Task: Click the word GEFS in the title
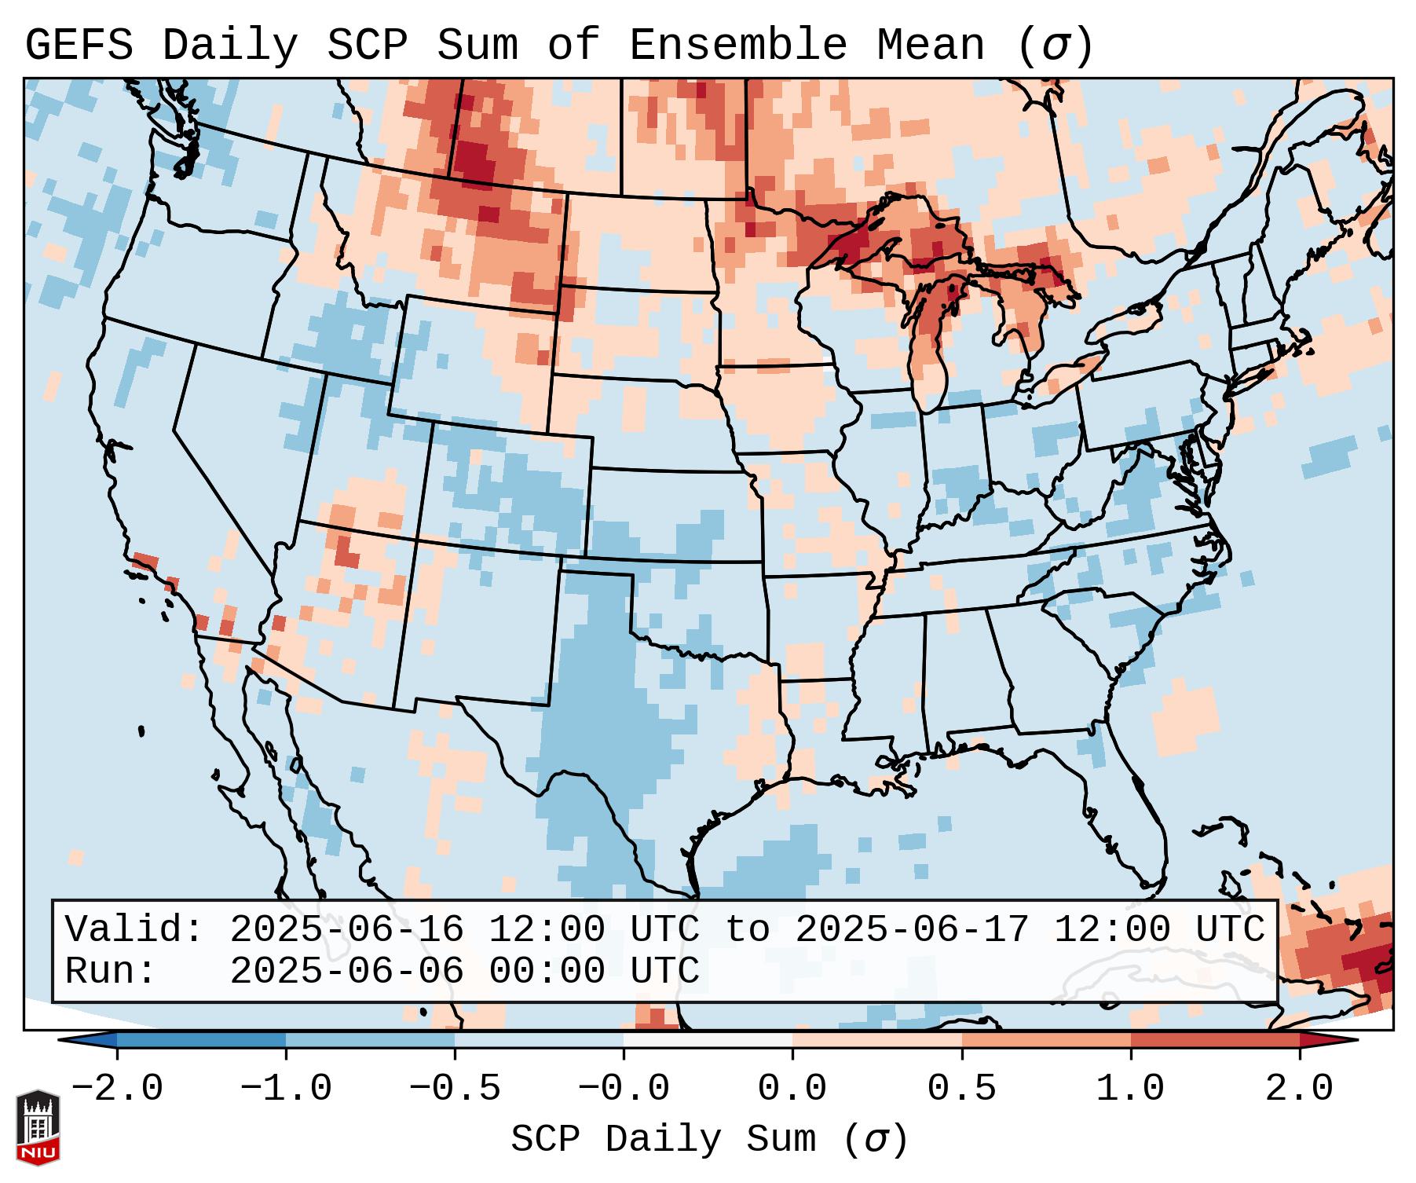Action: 79,46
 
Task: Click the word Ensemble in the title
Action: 738,46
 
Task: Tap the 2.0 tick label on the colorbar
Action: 1299,1089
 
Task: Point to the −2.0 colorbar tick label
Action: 117,1089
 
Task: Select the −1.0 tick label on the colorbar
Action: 286,1089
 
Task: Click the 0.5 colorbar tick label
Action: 961,1089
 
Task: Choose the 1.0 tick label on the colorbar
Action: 1130,1089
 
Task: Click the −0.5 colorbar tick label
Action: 455,1089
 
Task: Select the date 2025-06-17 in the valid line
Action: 912,929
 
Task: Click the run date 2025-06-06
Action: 346,971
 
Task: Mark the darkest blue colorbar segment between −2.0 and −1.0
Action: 202,1040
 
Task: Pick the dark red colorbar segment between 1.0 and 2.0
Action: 1215,1040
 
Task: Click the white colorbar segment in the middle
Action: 708,1040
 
